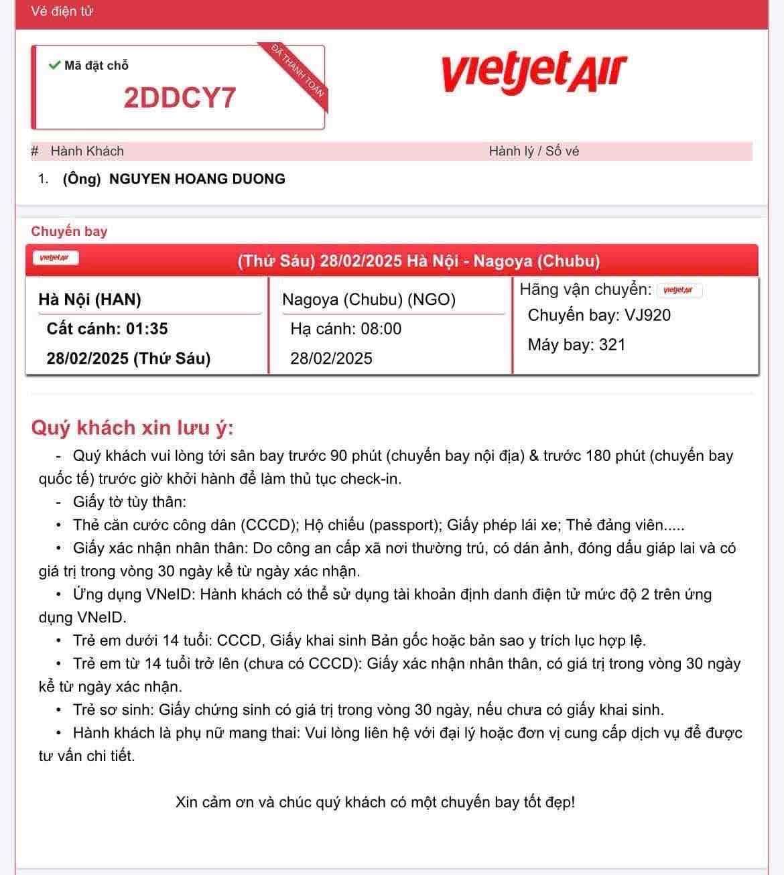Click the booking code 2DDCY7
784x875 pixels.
tap(180, 98)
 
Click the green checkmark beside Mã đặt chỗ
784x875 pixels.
tap(54, 65)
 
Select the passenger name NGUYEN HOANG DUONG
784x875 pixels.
tap(197, 179)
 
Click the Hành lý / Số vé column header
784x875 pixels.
tap(533, 151)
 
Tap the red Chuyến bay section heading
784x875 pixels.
tap(69, 231)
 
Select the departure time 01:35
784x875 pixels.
tap(147, 329)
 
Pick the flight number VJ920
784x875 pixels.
tap(647, 316)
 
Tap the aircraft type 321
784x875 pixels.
tap(612, 345)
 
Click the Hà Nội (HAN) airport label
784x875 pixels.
tap(90, 299)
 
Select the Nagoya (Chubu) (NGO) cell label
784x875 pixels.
tap(369, 299)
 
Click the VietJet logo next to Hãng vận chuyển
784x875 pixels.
tap(679, 290)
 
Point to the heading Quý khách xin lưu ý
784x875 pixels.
tap(132, 427)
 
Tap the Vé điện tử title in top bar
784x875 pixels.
tap(62, 11)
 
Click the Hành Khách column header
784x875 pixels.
tap(87, 151)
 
